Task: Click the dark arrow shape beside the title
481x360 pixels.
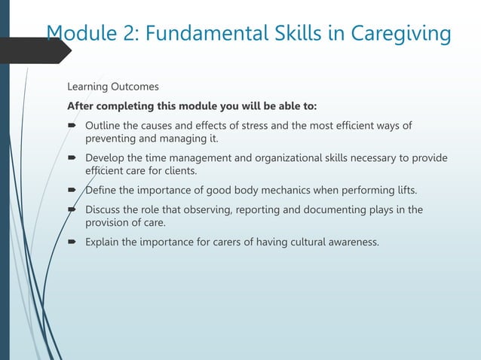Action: pos(34,50)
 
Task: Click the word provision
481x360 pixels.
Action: pos(110,223)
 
